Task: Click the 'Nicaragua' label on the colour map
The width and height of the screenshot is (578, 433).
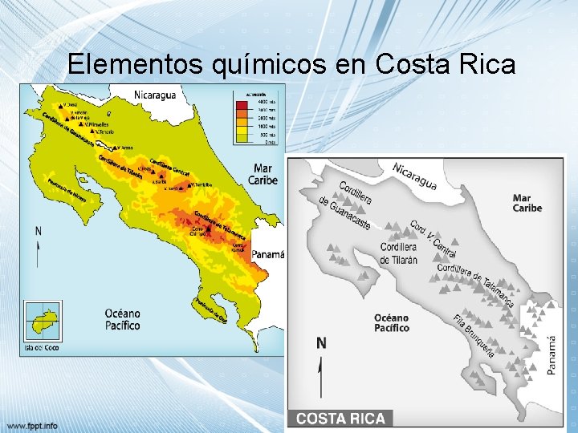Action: tap(154, 95)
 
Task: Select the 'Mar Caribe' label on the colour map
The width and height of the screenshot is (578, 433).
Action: tap(263, 174)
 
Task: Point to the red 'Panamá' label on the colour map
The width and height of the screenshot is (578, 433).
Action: tap(268, 254)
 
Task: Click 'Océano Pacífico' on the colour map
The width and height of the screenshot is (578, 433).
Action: tap(122, 319)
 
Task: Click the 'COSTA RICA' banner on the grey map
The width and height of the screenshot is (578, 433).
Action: tap(341, 419)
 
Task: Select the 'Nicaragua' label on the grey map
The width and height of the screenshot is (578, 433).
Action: tap(414, 176)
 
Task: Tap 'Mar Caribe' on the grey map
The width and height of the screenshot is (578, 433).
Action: tap(527, 203)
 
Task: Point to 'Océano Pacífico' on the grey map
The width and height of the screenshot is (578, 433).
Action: tap(392, 322)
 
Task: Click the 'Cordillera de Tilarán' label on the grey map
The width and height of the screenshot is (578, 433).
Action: tap(398, 253)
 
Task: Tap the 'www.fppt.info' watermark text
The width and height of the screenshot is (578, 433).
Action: tap(32, 424)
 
